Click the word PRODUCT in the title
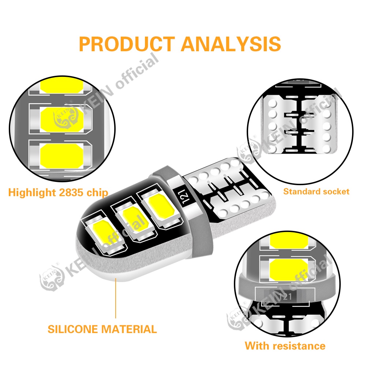click(127, 44)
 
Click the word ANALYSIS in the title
click(231, 44)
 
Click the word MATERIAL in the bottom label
click(129, 329)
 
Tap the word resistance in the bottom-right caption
click(302, 346)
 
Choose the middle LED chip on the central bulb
click(134, 219)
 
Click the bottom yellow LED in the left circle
click(61, 156)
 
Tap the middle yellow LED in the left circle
click(61, 119)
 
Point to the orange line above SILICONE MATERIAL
click(116, 298)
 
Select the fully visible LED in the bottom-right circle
click(288, 270)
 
